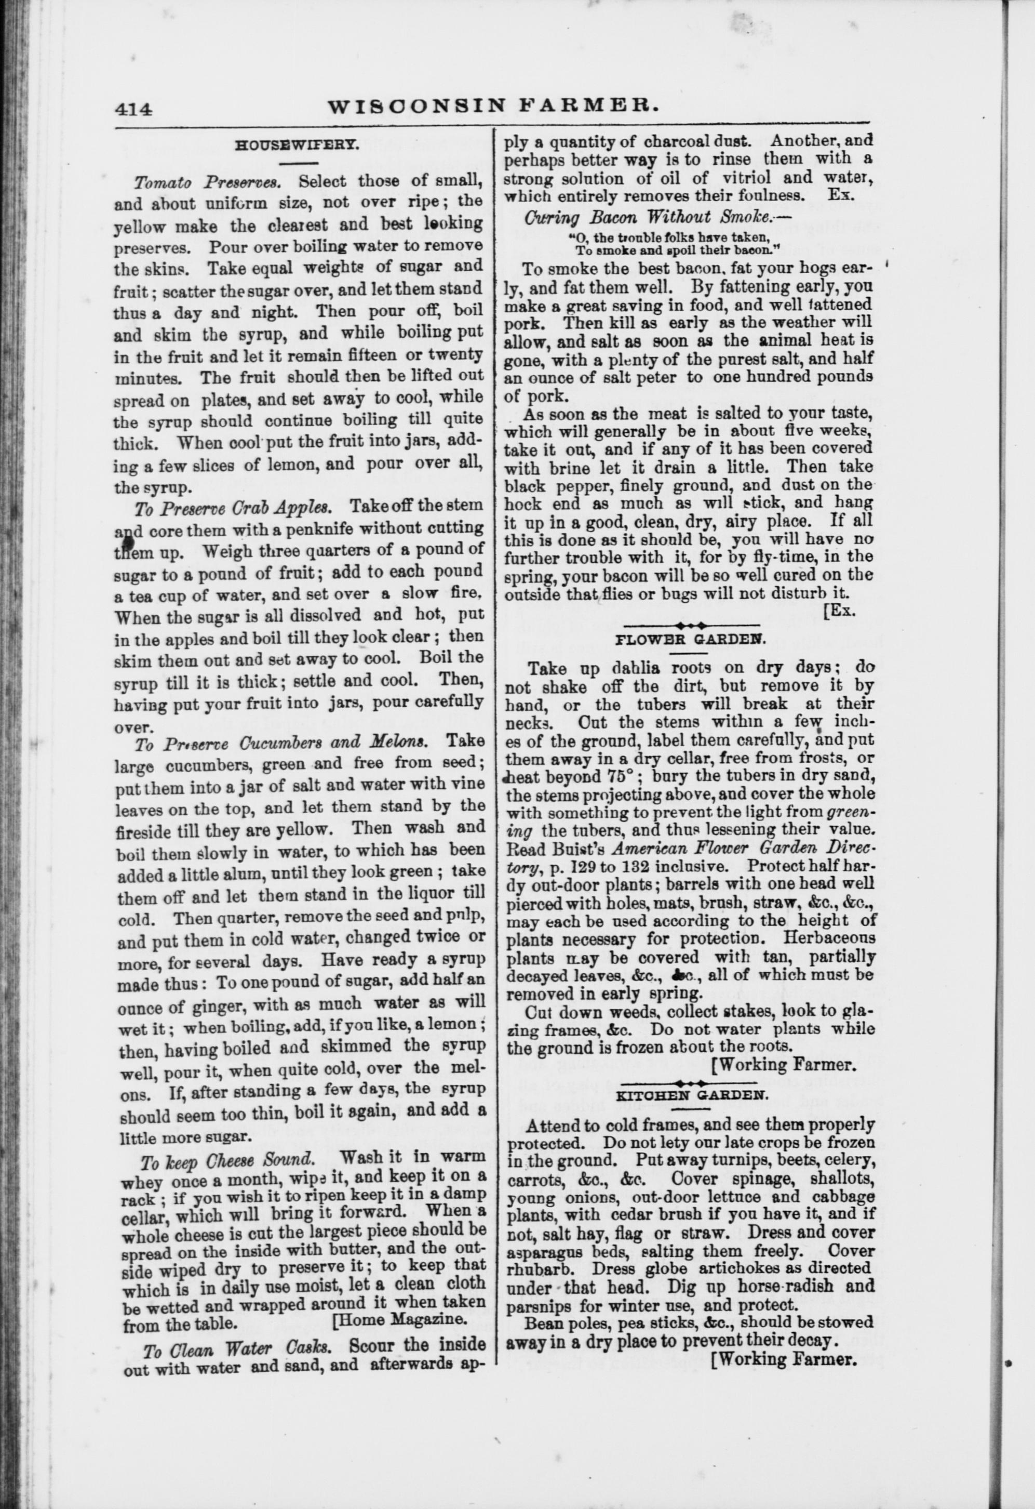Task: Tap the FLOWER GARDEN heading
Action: click(x=690, y=638)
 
